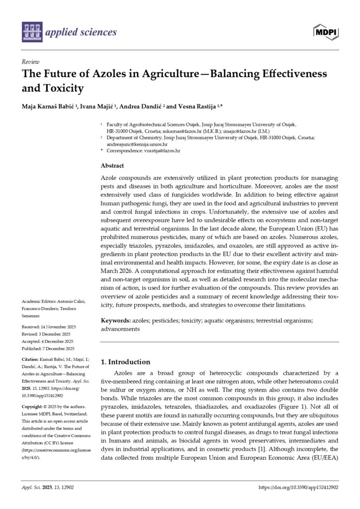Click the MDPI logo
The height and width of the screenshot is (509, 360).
(326, 32)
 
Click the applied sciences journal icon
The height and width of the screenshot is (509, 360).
(32, 32)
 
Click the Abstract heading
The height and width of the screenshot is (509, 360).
(112, 166)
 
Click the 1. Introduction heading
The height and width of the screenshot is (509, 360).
(125, 362)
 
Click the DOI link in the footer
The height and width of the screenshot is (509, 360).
(299, 488)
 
